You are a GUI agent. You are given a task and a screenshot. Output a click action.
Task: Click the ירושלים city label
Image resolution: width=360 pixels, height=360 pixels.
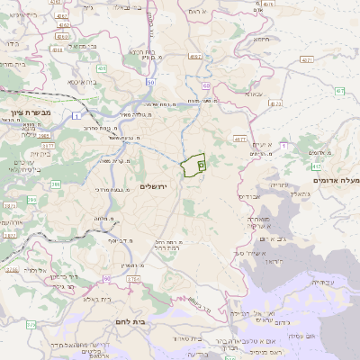[155, 185]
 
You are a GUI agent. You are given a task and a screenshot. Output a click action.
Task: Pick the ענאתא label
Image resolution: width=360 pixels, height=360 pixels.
[253, 94]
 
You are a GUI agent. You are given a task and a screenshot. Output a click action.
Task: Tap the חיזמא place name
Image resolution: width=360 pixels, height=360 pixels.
[262, 40]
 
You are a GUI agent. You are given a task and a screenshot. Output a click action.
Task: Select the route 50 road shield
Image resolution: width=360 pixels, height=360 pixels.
[150, 81]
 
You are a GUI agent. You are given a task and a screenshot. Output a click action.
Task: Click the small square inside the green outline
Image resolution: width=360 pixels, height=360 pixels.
[201, 165]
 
